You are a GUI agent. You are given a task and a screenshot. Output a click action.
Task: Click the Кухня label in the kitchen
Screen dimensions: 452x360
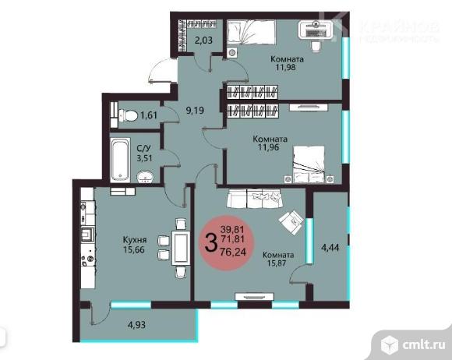(x=135, y=240)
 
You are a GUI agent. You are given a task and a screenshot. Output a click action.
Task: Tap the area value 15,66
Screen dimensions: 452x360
(x=134, y=249)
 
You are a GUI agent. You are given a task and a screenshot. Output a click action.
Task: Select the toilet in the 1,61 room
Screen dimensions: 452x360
(x=128, y=115)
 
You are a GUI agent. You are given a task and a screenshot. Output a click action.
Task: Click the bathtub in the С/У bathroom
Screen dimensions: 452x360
(x=120, y=161)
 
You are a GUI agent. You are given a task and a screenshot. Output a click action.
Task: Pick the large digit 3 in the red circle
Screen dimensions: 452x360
(x=210, y=242)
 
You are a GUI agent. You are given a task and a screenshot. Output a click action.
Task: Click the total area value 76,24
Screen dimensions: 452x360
(x=233, y=252)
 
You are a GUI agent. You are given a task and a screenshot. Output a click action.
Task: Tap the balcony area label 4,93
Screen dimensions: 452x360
(x=136, y=325)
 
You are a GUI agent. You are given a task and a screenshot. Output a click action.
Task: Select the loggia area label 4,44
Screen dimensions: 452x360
(x=330, y=247)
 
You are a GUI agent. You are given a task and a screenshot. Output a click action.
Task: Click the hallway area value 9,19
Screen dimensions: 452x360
(x=195, y=110)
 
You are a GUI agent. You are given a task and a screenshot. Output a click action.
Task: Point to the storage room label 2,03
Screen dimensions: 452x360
(x=203, y=40)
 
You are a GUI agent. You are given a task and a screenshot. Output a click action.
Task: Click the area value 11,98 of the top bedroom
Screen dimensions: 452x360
(x=286, y=67)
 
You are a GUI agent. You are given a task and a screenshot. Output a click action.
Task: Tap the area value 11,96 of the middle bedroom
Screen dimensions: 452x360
(x=269, y=147)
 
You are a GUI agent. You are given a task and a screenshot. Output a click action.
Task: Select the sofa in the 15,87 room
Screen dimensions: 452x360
(x=255, y=198)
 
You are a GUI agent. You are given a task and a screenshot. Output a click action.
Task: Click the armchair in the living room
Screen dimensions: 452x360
(x=291, y=222)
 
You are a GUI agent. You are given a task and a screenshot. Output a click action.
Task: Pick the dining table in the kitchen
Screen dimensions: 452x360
(x=181, y=248)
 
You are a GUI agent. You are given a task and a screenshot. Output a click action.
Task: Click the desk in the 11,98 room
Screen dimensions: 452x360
(x=316, y=30)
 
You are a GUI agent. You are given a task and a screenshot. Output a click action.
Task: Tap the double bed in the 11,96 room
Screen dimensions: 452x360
(x=309, y=164)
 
